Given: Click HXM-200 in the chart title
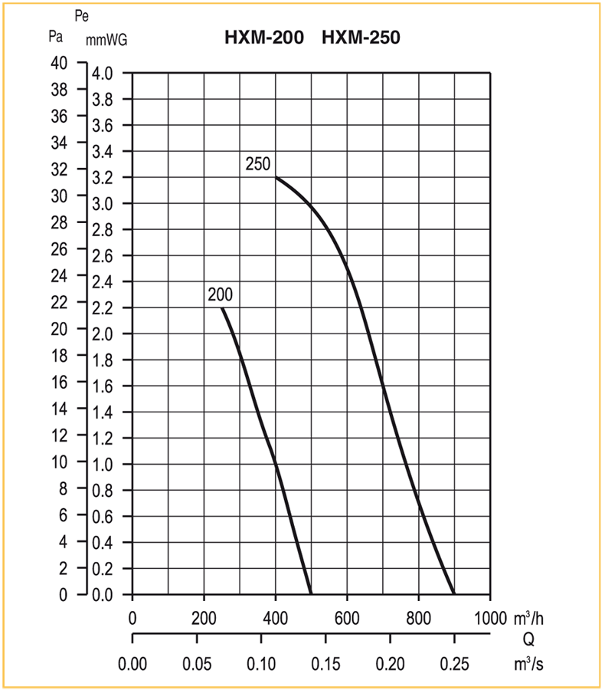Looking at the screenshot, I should point(264,37).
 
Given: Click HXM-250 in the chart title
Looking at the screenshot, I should point(361,37).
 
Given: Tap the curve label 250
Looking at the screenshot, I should point(259,163).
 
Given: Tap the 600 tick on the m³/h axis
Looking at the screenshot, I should point(347,618).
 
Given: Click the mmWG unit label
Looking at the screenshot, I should point(106,41).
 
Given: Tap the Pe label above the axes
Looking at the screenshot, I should point(81,16).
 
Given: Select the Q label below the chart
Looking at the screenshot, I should point(528,640).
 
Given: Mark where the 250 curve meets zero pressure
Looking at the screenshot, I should point(454,594).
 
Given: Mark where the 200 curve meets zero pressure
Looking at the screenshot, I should point(311,594).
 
